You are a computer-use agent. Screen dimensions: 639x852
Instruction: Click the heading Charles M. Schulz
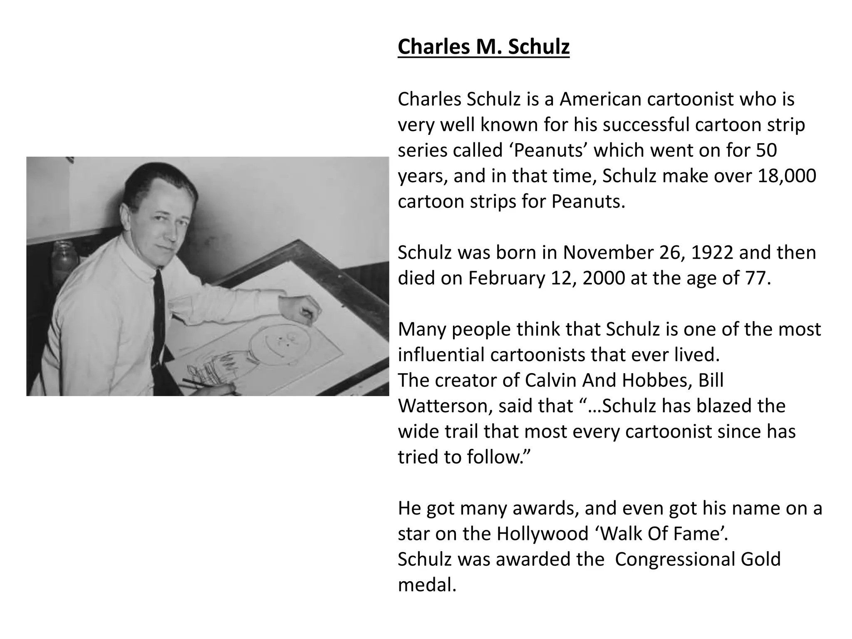[483, 47]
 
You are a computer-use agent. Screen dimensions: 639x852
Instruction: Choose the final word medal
[426, 585]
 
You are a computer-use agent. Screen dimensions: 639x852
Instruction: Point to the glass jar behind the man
[64, 258]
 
